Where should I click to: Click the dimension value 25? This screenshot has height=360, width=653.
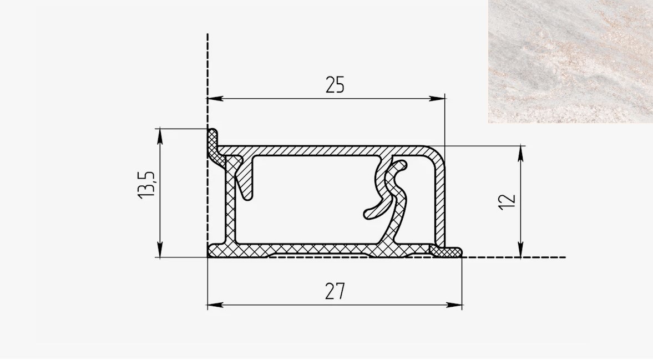335,85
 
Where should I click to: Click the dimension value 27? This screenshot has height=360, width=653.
335,291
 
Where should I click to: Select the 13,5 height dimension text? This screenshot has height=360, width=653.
146,184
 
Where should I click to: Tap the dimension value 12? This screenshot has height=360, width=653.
507,202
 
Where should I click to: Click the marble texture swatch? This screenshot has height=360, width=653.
570,61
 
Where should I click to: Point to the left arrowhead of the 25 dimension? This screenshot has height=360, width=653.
215,99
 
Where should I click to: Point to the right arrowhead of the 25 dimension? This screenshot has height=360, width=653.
437,99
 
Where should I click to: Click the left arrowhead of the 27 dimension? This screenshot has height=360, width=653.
215,305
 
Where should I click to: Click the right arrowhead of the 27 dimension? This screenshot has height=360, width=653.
454,305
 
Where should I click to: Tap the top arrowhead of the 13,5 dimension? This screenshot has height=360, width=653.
160,136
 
